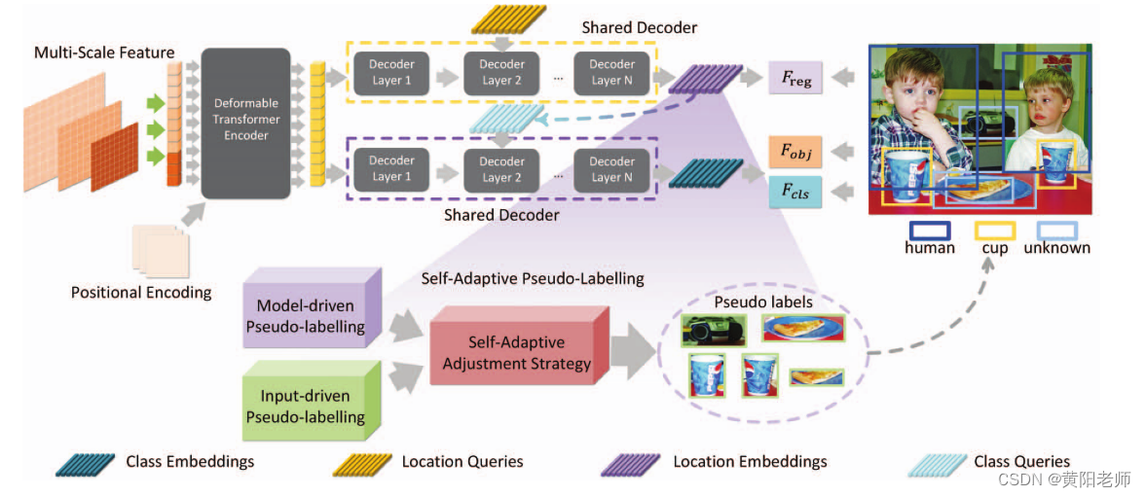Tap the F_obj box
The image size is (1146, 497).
(795, 153)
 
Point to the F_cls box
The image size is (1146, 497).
(795, 192)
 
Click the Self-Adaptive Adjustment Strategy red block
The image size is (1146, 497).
(516, 352)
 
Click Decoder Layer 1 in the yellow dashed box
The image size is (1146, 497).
(391, 72)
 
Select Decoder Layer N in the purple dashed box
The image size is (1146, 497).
(611, 168)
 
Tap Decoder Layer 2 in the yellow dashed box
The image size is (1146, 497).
(501, 72)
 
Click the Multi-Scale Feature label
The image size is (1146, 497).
(104, 53)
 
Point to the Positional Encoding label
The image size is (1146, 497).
(141, 292)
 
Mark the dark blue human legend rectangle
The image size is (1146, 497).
(929, 231)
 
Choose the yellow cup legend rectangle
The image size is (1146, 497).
(994, 231)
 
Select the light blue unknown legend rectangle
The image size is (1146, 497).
(1056, 231)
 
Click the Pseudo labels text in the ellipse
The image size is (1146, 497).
(763, 302)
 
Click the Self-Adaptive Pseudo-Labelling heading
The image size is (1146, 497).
(532, 278)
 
